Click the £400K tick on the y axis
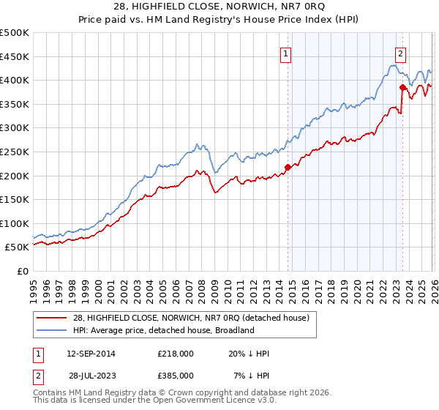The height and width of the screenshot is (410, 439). pos(15,80)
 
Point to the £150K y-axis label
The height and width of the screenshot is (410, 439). pos(15,199)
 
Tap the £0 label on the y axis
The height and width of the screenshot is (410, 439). pos(22,271)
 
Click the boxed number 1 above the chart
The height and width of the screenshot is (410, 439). pos(285,53)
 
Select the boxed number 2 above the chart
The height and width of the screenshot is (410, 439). pos(401,53)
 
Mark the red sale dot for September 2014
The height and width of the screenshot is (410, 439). pos(288,167)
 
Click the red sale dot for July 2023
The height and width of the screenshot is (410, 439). pos(402,87)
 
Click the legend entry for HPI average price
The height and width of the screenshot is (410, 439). pos(162,330)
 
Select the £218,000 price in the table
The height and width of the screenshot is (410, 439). pos(176,354)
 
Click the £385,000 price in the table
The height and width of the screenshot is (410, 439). pos(176,375)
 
